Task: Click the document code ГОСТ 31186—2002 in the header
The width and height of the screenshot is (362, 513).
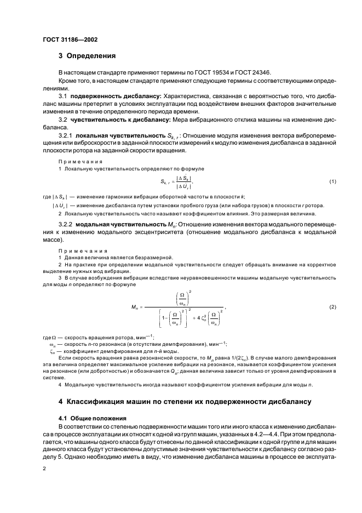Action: pos(71,39)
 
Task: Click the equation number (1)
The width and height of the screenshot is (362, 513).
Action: pos(332,181)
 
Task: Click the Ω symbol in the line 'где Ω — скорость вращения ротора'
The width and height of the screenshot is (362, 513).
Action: pos(53,337)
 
